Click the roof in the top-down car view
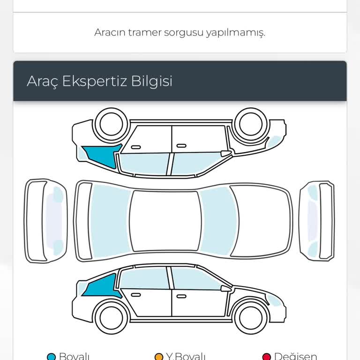point(164,220)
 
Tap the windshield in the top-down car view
point(218,221)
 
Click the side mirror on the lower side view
point(226,288)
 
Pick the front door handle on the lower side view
point(181,296)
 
